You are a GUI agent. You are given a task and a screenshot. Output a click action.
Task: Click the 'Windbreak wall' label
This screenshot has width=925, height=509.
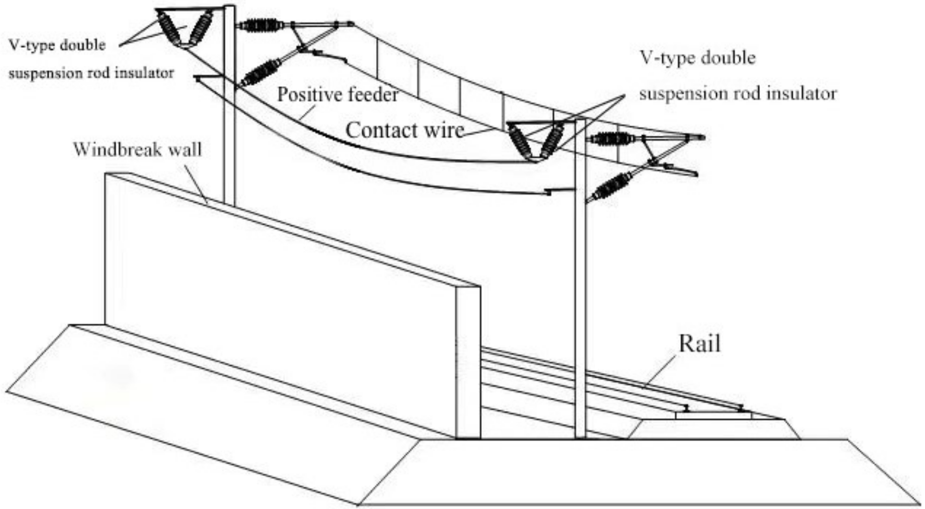click(138, 150)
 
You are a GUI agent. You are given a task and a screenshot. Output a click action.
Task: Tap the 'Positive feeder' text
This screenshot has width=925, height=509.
click(337, 95)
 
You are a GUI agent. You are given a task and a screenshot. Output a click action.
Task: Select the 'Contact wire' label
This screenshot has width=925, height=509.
click(404, 130)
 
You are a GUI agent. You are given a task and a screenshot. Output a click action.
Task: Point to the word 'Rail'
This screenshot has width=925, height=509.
click(699, 344)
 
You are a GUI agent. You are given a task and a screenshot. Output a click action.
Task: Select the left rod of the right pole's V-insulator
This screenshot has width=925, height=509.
click(518, 141)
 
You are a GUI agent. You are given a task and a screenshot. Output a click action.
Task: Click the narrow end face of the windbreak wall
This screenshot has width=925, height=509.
click(468, 363)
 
